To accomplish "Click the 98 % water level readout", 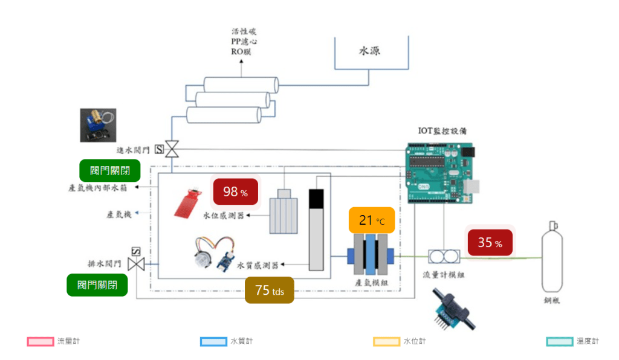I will pyautogui.click(x=235, y=192).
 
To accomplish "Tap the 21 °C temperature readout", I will pyautogui.click(x=371, y=220).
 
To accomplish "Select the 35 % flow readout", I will pyautogui.click(x=489, y=243).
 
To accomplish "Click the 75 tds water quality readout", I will pyautogui.click(x=269, y=291).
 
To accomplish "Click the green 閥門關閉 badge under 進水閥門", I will pyautogui.click(x=109, y=170).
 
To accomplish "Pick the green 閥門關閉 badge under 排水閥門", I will pyautogui.click(x=97, y=284).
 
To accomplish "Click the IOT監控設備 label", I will pyautogui.click(x=442, y=130).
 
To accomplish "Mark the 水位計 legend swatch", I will pyautogui.click(x=386, y=341).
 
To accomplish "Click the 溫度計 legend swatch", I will pyautogui.click(x=559, y=341).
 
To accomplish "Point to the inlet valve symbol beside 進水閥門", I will pyautogui.click(x=172, y=149).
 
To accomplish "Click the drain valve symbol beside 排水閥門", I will pyautogui.click(x=137, y=263).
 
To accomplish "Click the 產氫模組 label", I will pyautogui.click(x=370, y=282).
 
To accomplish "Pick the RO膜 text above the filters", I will pyautogui.click(x=240, y=51).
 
